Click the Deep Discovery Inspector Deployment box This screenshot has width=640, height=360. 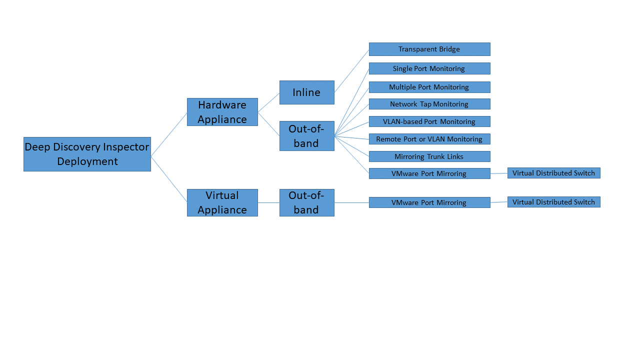(87, 154)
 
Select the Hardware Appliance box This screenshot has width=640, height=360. (222, 112)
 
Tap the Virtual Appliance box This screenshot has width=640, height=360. (222, 202)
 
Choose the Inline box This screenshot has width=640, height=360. (306, 92)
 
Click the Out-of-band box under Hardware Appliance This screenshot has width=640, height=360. (306, 136)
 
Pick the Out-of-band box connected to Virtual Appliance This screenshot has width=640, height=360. (306, 202)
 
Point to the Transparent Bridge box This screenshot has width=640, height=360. (429, 49)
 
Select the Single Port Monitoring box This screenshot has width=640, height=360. (429, 68)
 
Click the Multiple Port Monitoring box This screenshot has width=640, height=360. (429, 87)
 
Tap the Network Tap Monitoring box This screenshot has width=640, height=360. (429, 104)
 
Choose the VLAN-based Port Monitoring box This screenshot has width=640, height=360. (429, 121)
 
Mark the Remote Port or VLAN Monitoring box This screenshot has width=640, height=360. (429, 139)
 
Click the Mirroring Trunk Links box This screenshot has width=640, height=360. (429, 156)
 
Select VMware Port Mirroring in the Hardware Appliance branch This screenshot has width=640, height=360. (429, 173)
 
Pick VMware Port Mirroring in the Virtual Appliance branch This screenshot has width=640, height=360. (429, 202)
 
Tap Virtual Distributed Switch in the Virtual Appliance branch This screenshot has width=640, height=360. (553, 202)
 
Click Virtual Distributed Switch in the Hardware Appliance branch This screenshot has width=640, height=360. (553, 173)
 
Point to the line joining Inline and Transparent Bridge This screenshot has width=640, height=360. (351, 71)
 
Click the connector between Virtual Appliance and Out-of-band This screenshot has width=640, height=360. (268, 202)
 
